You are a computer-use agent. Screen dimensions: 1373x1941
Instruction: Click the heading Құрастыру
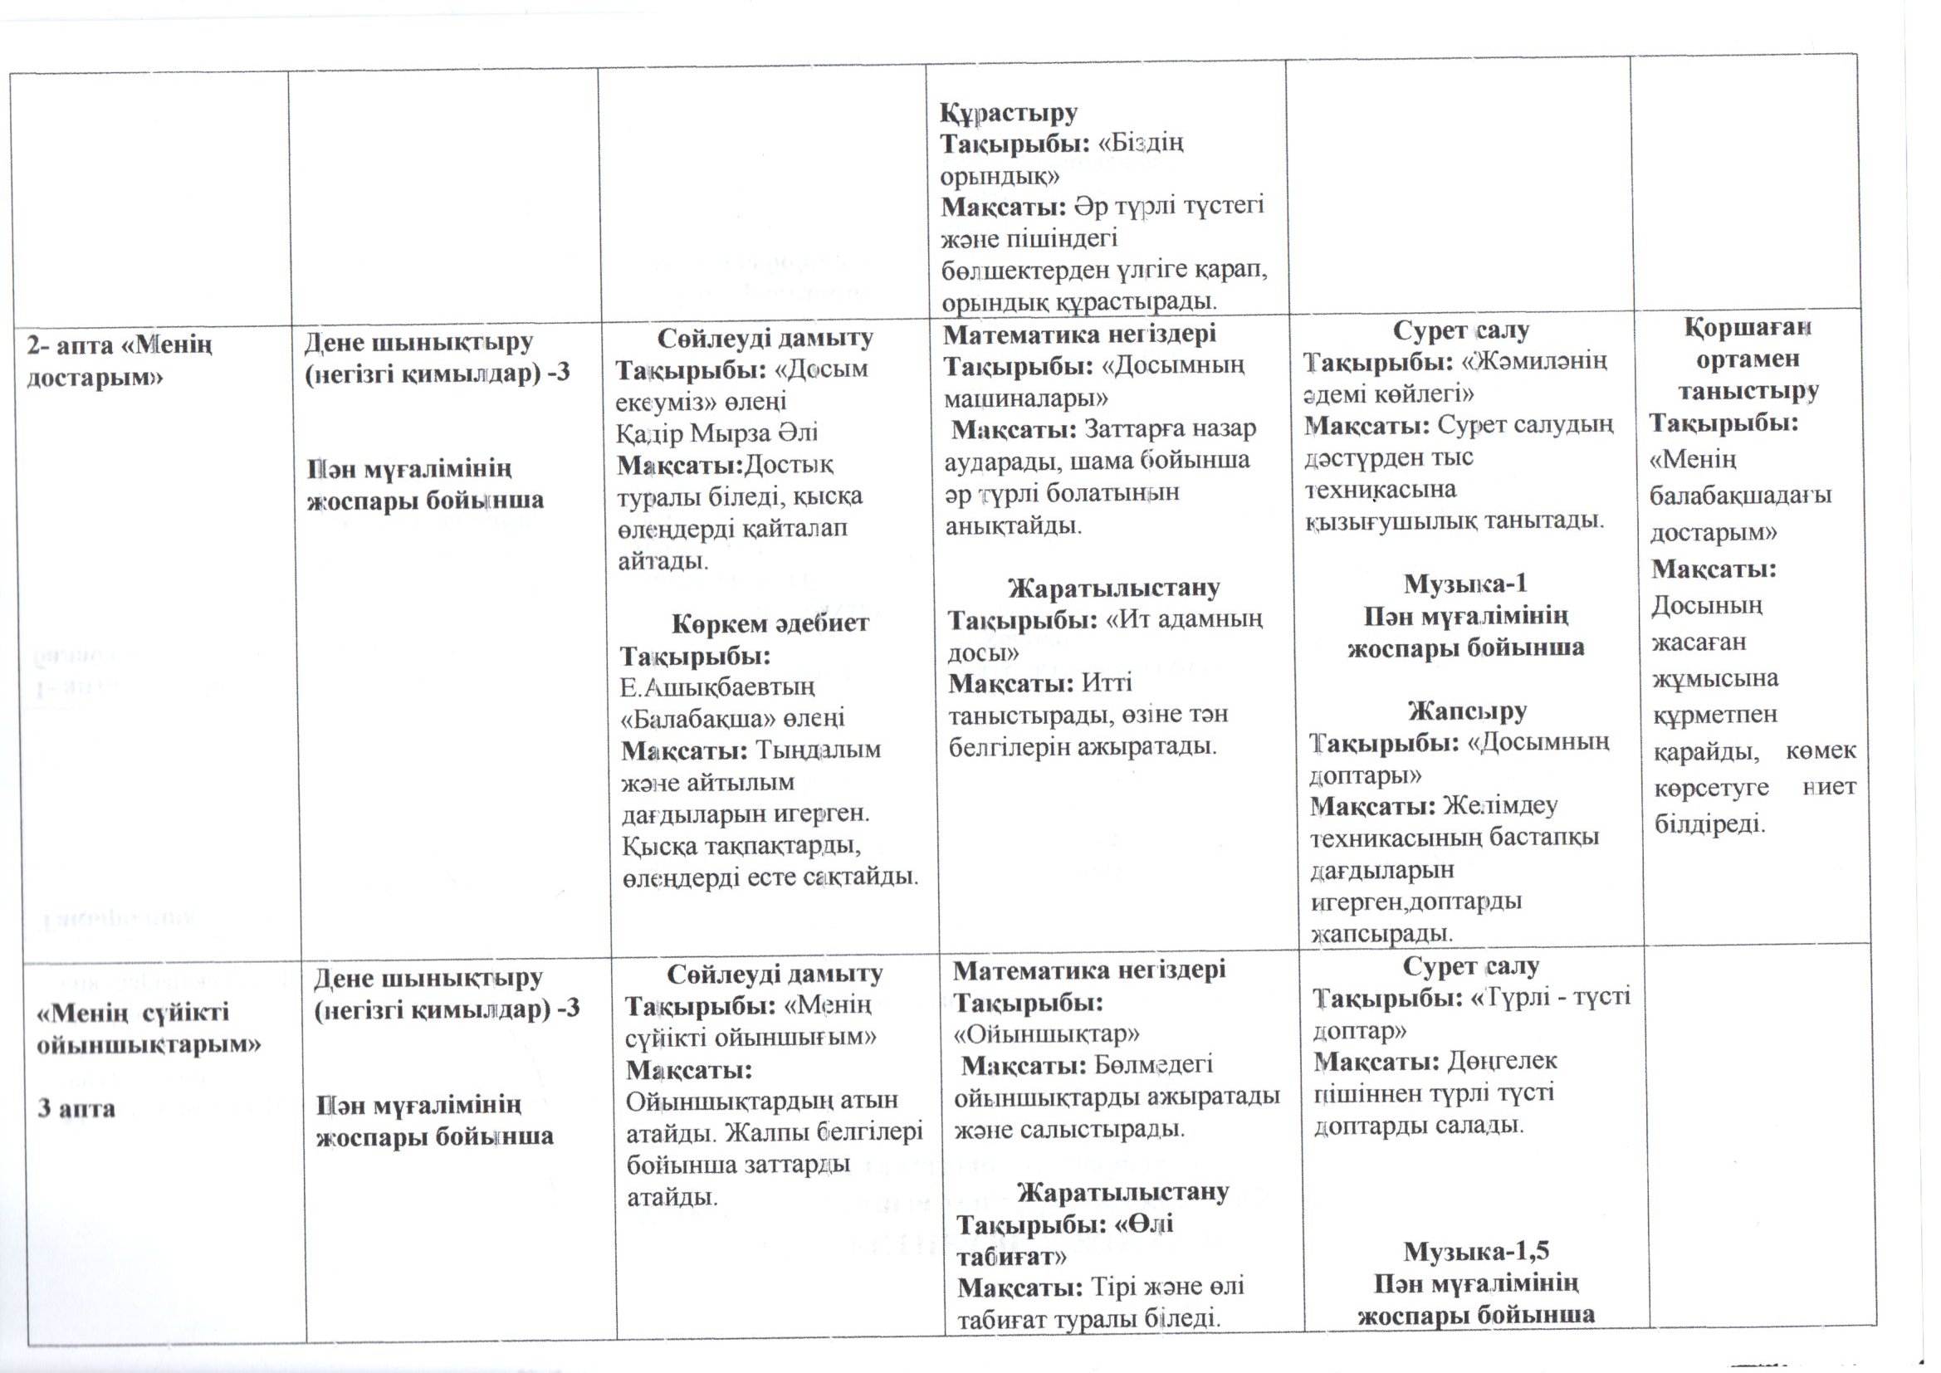[1009, 113]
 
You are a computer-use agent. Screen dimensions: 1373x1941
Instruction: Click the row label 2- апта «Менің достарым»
[120, 359]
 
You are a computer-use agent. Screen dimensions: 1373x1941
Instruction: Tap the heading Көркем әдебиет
[770, 624]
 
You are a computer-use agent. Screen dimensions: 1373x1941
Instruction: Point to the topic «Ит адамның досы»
[1104, 636]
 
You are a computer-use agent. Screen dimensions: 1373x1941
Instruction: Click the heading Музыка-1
[1465, 584]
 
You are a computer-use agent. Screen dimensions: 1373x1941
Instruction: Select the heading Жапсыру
[1467, 711]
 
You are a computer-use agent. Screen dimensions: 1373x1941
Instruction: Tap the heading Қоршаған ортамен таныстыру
[1748, 359]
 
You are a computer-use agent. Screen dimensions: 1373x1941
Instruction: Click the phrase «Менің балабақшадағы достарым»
[1740, 496]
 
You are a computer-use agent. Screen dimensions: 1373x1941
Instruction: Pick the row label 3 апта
[76, 1108]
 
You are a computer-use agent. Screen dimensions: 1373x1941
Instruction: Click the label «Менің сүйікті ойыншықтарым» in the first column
[148, 1028]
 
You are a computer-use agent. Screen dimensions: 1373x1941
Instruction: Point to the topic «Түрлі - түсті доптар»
[1471, 1014]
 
